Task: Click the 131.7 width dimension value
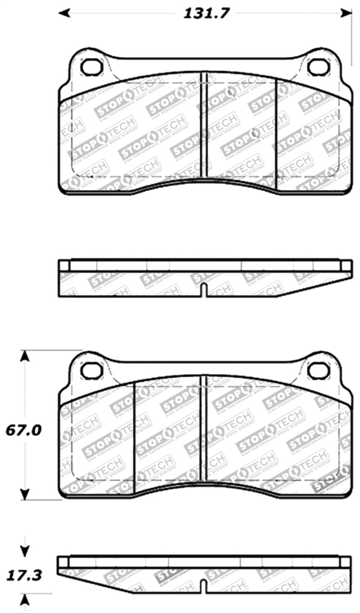[206, 13]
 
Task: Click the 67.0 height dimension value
[23, 430]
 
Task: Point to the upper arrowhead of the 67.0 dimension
[26, 356]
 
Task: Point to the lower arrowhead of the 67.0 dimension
[26, 493]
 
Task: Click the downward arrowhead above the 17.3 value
[26, 550]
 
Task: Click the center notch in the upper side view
[204, 290]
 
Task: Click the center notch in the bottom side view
[204, 587]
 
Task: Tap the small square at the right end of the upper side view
[346, 265]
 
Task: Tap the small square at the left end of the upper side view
[64, 265]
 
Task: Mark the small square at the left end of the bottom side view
[63, 562]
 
